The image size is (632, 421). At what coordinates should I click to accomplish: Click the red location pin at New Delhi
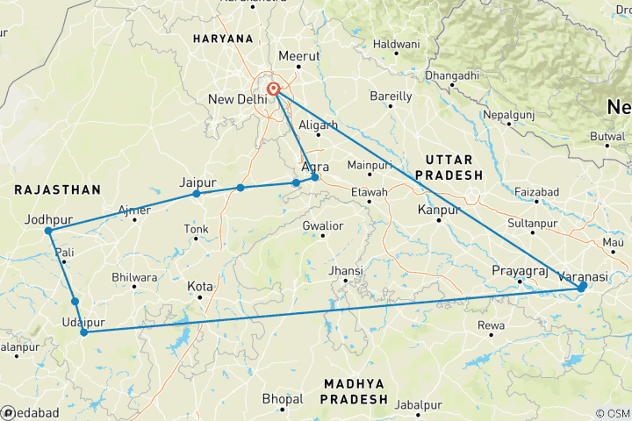click(274, 89)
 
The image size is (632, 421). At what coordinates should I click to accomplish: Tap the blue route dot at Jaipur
click(197, 193)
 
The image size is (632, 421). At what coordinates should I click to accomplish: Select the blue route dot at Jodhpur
click(49, 232)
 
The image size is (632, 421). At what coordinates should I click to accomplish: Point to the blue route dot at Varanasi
click(582, 286)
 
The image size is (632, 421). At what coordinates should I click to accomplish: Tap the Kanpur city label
click(440, 210)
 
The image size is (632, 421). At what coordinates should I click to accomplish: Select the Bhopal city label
click(283, 399)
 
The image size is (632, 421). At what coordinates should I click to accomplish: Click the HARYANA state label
click(223, 39)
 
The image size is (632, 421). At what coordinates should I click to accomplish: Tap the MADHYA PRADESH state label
click(355, 391)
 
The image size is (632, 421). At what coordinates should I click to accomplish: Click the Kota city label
click(200, 286)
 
